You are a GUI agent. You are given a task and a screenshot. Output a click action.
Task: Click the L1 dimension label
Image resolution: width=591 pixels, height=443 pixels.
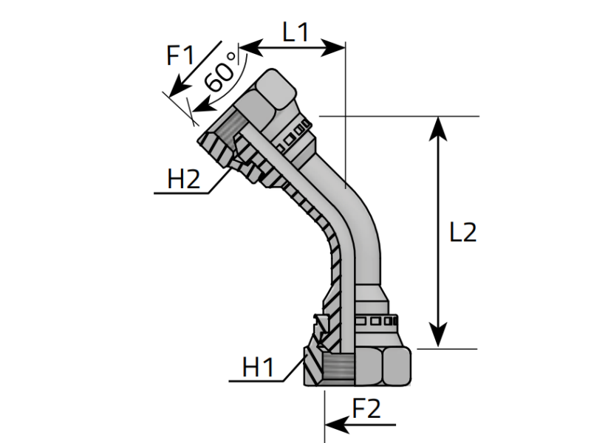(x=295, y=32)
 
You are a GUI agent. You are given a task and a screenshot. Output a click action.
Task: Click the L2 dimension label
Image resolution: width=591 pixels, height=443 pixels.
(x=463, y=232)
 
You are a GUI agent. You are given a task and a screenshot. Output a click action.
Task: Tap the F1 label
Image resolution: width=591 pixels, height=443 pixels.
(x=180, y=55)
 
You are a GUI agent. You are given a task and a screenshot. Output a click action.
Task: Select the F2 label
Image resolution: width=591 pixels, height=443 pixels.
(x=366, y=408)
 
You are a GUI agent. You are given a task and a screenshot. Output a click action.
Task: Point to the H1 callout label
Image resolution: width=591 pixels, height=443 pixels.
(x=258, y=367)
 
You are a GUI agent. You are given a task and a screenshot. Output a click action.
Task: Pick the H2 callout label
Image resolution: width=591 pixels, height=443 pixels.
(x=183, y=179)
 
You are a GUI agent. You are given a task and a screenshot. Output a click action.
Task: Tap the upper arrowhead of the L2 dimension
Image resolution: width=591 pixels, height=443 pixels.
(x=438, y=128)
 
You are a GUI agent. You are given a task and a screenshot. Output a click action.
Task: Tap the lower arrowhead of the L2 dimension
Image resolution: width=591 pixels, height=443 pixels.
(x=438, y=335)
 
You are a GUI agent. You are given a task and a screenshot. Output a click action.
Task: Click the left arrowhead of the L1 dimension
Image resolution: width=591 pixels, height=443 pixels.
(x=251, y=48)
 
